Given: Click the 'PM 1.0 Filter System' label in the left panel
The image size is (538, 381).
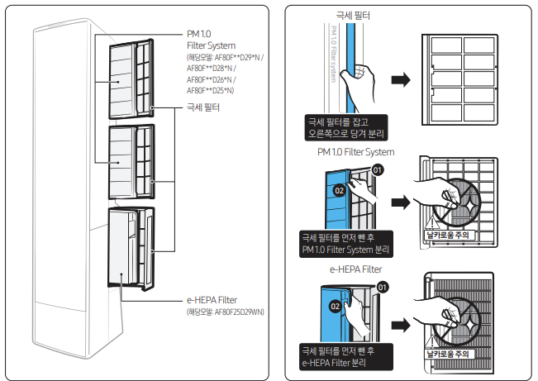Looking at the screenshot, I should (x=211, y=39).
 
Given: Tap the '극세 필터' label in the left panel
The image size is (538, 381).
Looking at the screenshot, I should (x=203, y=107).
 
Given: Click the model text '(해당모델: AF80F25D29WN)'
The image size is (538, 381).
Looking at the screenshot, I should (x=225, y=312).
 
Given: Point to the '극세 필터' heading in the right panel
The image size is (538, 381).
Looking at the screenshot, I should (x=354, y=16).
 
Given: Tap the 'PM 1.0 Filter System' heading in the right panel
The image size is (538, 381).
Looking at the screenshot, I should (x=356, y=152).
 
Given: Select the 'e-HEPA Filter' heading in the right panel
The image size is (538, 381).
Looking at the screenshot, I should (x=355, y=269).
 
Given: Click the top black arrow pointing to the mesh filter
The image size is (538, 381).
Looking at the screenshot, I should (x=401, y=80).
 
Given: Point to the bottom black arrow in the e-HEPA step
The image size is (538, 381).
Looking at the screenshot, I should (x=401, y=320).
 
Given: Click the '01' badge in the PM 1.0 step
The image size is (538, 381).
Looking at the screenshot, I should (x=378, y=169).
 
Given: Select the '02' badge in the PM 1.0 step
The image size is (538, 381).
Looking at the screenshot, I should (x=339, y=190).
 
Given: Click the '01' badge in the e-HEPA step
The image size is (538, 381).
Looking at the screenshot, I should (x=382, y=287).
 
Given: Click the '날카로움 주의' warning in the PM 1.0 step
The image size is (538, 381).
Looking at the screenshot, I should (x=447, y=236).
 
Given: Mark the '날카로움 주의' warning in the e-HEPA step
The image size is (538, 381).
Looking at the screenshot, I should (x=447, y=354).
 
